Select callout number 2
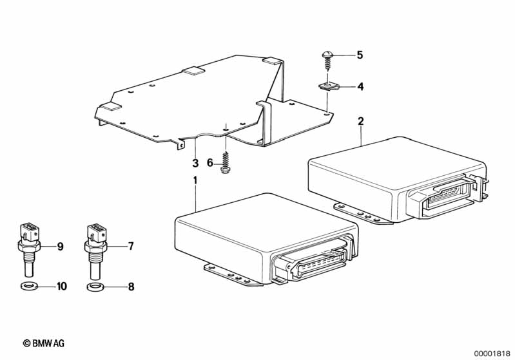click(x=360, y=121)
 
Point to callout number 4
click(x=360, y=86)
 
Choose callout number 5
click(x=360, y=55)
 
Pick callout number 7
click(x=130, y=245)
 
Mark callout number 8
click(x=130, y=287)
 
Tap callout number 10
click(x=62, y=287)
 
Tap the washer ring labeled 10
click(x=28, y=286)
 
